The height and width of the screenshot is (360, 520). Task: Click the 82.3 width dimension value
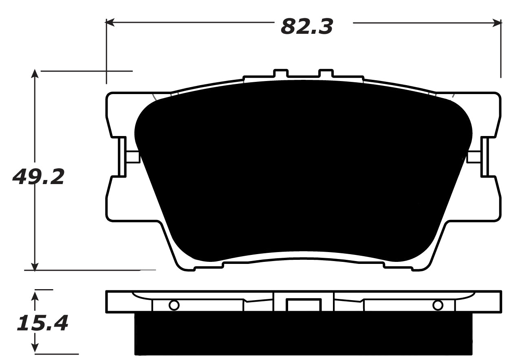point(307,27)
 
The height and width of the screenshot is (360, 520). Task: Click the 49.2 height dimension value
point(39,177)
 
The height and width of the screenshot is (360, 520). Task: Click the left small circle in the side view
point(174,305)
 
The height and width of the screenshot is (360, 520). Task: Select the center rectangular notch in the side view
point(304,305)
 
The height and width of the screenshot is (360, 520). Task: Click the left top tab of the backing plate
point(281,74)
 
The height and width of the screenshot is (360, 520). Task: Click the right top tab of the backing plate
point(326,74)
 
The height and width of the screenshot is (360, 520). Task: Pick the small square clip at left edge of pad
point(132,157)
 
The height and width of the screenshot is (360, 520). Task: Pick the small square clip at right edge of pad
point(474,157)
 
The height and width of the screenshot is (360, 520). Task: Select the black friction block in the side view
point(304,334)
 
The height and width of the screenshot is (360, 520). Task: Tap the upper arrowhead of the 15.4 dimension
point(35,294)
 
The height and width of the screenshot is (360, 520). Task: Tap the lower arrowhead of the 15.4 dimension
point(35,348)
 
